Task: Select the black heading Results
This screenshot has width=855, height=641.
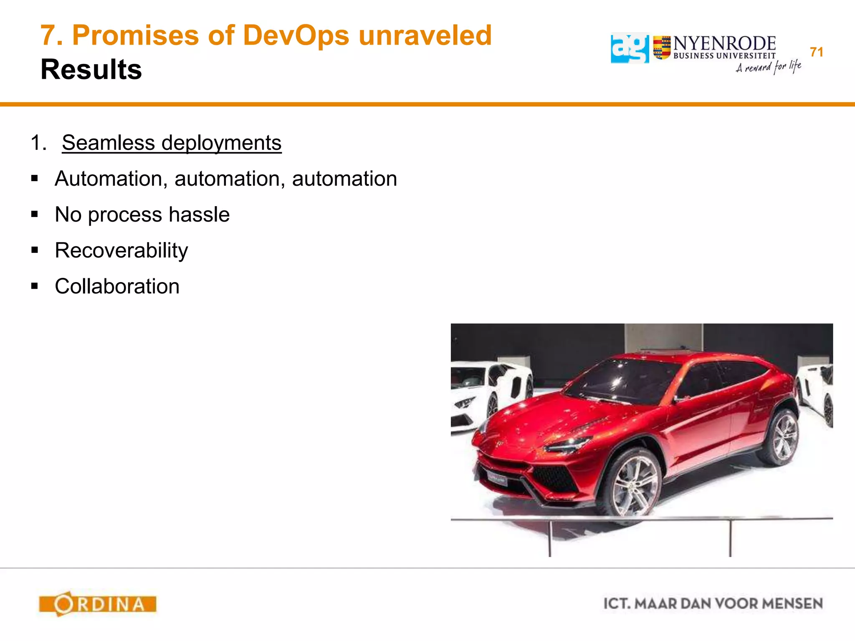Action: click(x=91, y=69)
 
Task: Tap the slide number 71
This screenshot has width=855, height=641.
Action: click(x=816, y=52)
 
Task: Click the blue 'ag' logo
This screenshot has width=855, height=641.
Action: click(x=629, y=48)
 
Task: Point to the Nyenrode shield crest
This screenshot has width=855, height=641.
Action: click(x=662, y=48)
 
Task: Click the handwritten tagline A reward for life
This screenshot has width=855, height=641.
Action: click(x=768, y=67)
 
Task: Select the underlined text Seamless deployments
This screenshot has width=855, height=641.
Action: click(x=172, y=143)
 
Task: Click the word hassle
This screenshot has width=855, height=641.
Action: click(x=199, y=215)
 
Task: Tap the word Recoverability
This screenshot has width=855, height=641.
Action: click(x=121, y=250)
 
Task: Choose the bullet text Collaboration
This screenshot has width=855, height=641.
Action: click(x=117, y=286)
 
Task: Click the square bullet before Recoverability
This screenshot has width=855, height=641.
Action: click(x=35, y=250)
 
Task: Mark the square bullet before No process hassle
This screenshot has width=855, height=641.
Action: click(x=35, y=215)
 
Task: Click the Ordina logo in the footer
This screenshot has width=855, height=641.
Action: click(x=98, y=603)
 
